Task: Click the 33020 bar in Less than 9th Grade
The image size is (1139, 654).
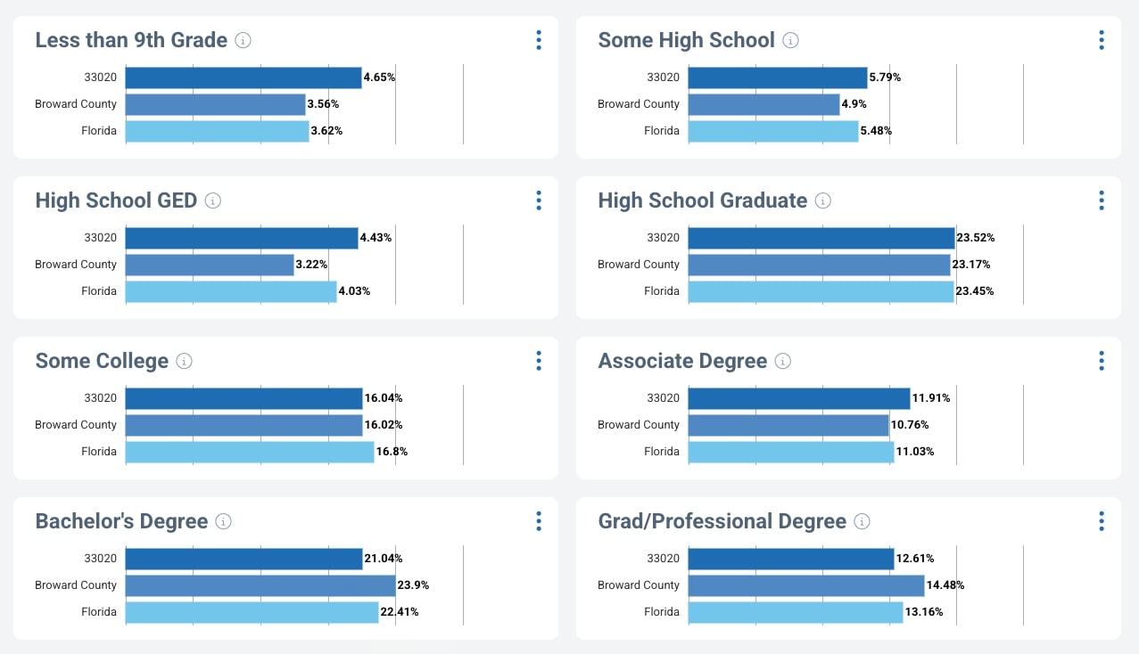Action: [243, 78]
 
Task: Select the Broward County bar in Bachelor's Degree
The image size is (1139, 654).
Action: [260, 585]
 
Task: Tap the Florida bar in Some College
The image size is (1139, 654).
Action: [249, 452]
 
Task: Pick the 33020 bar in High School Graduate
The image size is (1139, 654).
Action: [821, 238]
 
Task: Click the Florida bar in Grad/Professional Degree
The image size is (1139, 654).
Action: [796, 612]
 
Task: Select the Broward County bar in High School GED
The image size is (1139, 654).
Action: [209, 265]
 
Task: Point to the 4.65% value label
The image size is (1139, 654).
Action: [379, 78]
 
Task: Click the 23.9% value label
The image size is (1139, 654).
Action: [413, 585]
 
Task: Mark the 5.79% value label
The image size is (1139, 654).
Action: [885, 78]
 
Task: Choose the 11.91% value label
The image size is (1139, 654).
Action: [931, 398]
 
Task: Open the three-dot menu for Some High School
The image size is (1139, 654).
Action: [1102, 40]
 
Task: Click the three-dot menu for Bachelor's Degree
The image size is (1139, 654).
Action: [539, 521]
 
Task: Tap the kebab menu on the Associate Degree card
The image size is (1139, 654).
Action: [1102, 361]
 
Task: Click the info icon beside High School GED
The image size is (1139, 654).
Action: [213, 200]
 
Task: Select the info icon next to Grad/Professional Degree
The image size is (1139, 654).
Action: [862, 521]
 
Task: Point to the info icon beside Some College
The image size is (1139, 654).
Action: [184, 361]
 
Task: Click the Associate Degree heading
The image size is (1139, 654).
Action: [682, 361]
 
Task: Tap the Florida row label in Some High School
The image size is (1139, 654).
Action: [662, 131]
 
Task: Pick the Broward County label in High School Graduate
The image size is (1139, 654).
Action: [639, 265]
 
